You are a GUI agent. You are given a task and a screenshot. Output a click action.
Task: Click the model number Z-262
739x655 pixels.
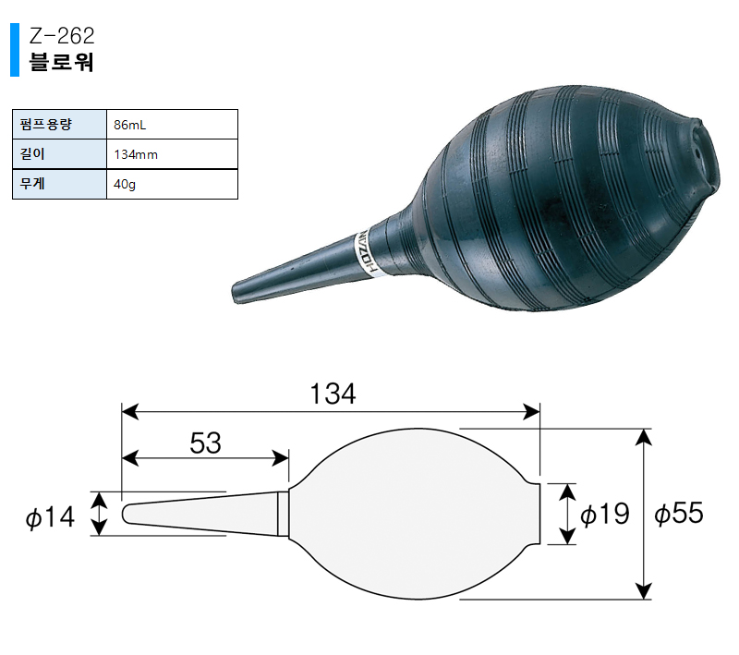62,36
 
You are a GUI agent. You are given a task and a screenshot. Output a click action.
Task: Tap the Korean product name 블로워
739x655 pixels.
61,62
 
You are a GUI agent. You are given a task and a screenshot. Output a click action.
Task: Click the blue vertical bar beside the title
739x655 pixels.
15,50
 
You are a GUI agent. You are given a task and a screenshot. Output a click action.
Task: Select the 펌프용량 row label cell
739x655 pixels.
59,125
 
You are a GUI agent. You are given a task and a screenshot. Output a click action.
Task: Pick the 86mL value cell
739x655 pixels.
172,125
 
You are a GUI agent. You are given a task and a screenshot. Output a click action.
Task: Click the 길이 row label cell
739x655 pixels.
59,154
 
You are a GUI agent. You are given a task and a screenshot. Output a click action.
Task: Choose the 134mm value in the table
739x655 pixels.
136,154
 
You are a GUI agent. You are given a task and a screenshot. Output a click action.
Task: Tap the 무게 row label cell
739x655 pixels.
59,184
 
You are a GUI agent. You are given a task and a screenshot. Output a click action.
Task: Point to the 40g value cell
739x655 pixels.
172,184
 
